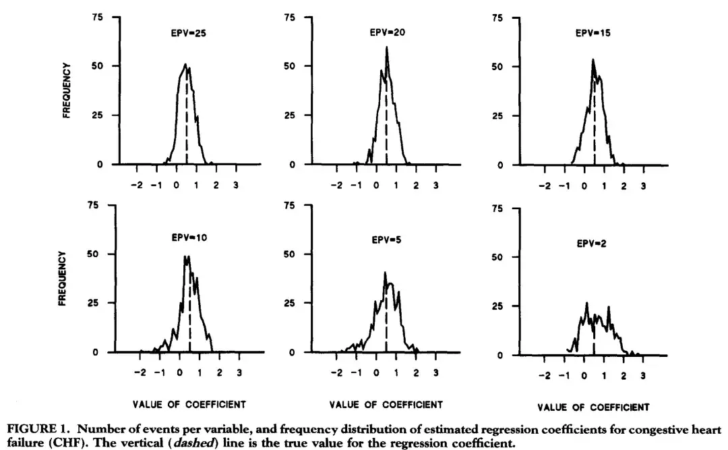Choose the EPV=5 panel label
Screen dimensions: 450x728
(x=387, y=239)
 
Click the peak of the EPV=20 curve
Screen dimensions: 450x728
(x=387, y=47)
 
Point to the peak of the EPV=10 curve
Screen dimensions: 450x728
(x=186, y=256)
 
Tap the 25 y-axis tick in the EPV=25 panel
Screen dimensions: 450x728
(x=98, y=115)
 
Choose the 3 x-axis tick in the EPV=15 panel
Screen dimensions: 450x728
(x=643, y=184)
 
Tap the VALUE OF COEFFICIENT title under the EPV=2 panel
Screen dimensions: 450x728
(x=594, y=407)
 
